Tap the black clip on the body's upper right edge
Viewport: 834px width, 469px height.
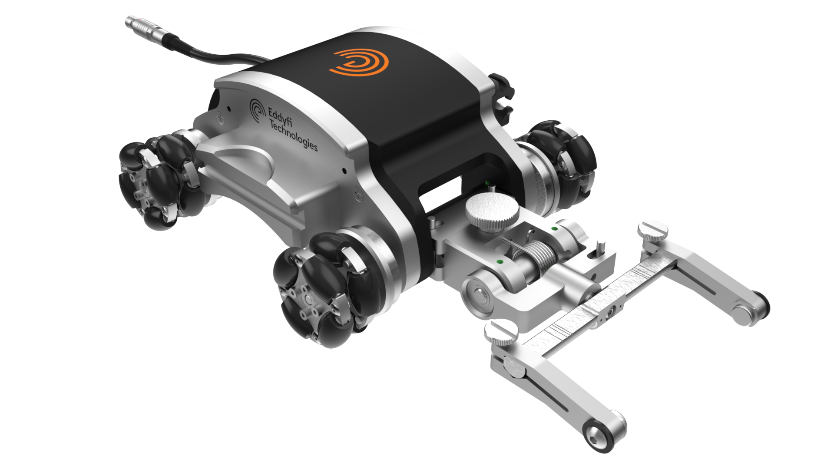coord(502,98)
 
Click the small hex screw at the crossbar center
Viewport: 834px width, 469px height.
coord(612,309)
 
